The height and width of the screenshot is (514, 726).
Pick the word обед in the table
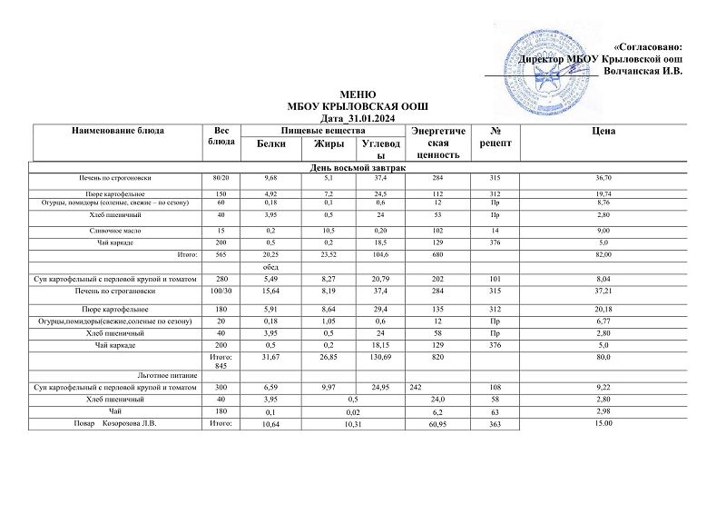pyautogui.click(x=271, y=268)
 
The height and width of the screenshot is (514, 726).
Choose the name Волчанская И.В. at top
pyautogui.click(x=642, y=70)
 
